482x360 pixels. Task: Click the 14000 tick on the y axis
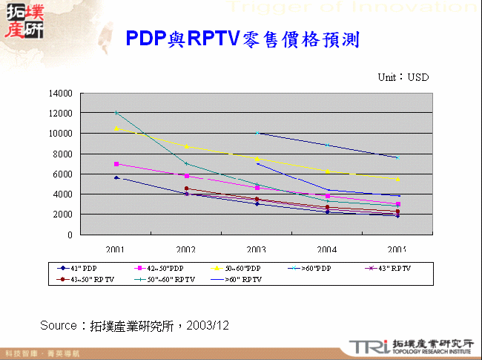pyautogui.click(x=62, y=94)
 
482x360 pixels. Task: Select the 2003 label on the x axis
pyautogui.click(x=257, y=249)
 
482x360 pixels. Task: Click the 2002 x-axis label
pyautogui.click(x=186, y=249)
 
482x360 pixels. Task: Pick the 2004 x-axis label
pyautogui.click(x=327, y=249)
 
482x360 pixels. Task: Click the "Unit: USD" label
pyautogui.click(x=403, y=77)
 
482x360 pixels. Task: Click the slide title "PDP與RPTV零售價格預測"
pyautogui.click(x=242, y=39)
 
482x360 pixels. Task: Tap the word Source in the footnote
pyautogui.click(x=59, y=325)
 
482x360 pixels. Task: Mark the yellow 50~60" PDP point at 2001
pyautogui.click(x=116, y=128)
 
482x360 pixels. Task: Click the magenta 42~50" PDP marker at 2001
pyautogui.click(x=116, y=163)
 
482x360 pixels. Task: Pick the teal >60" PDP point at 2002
pyautogui.click(x=186, y=163)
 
